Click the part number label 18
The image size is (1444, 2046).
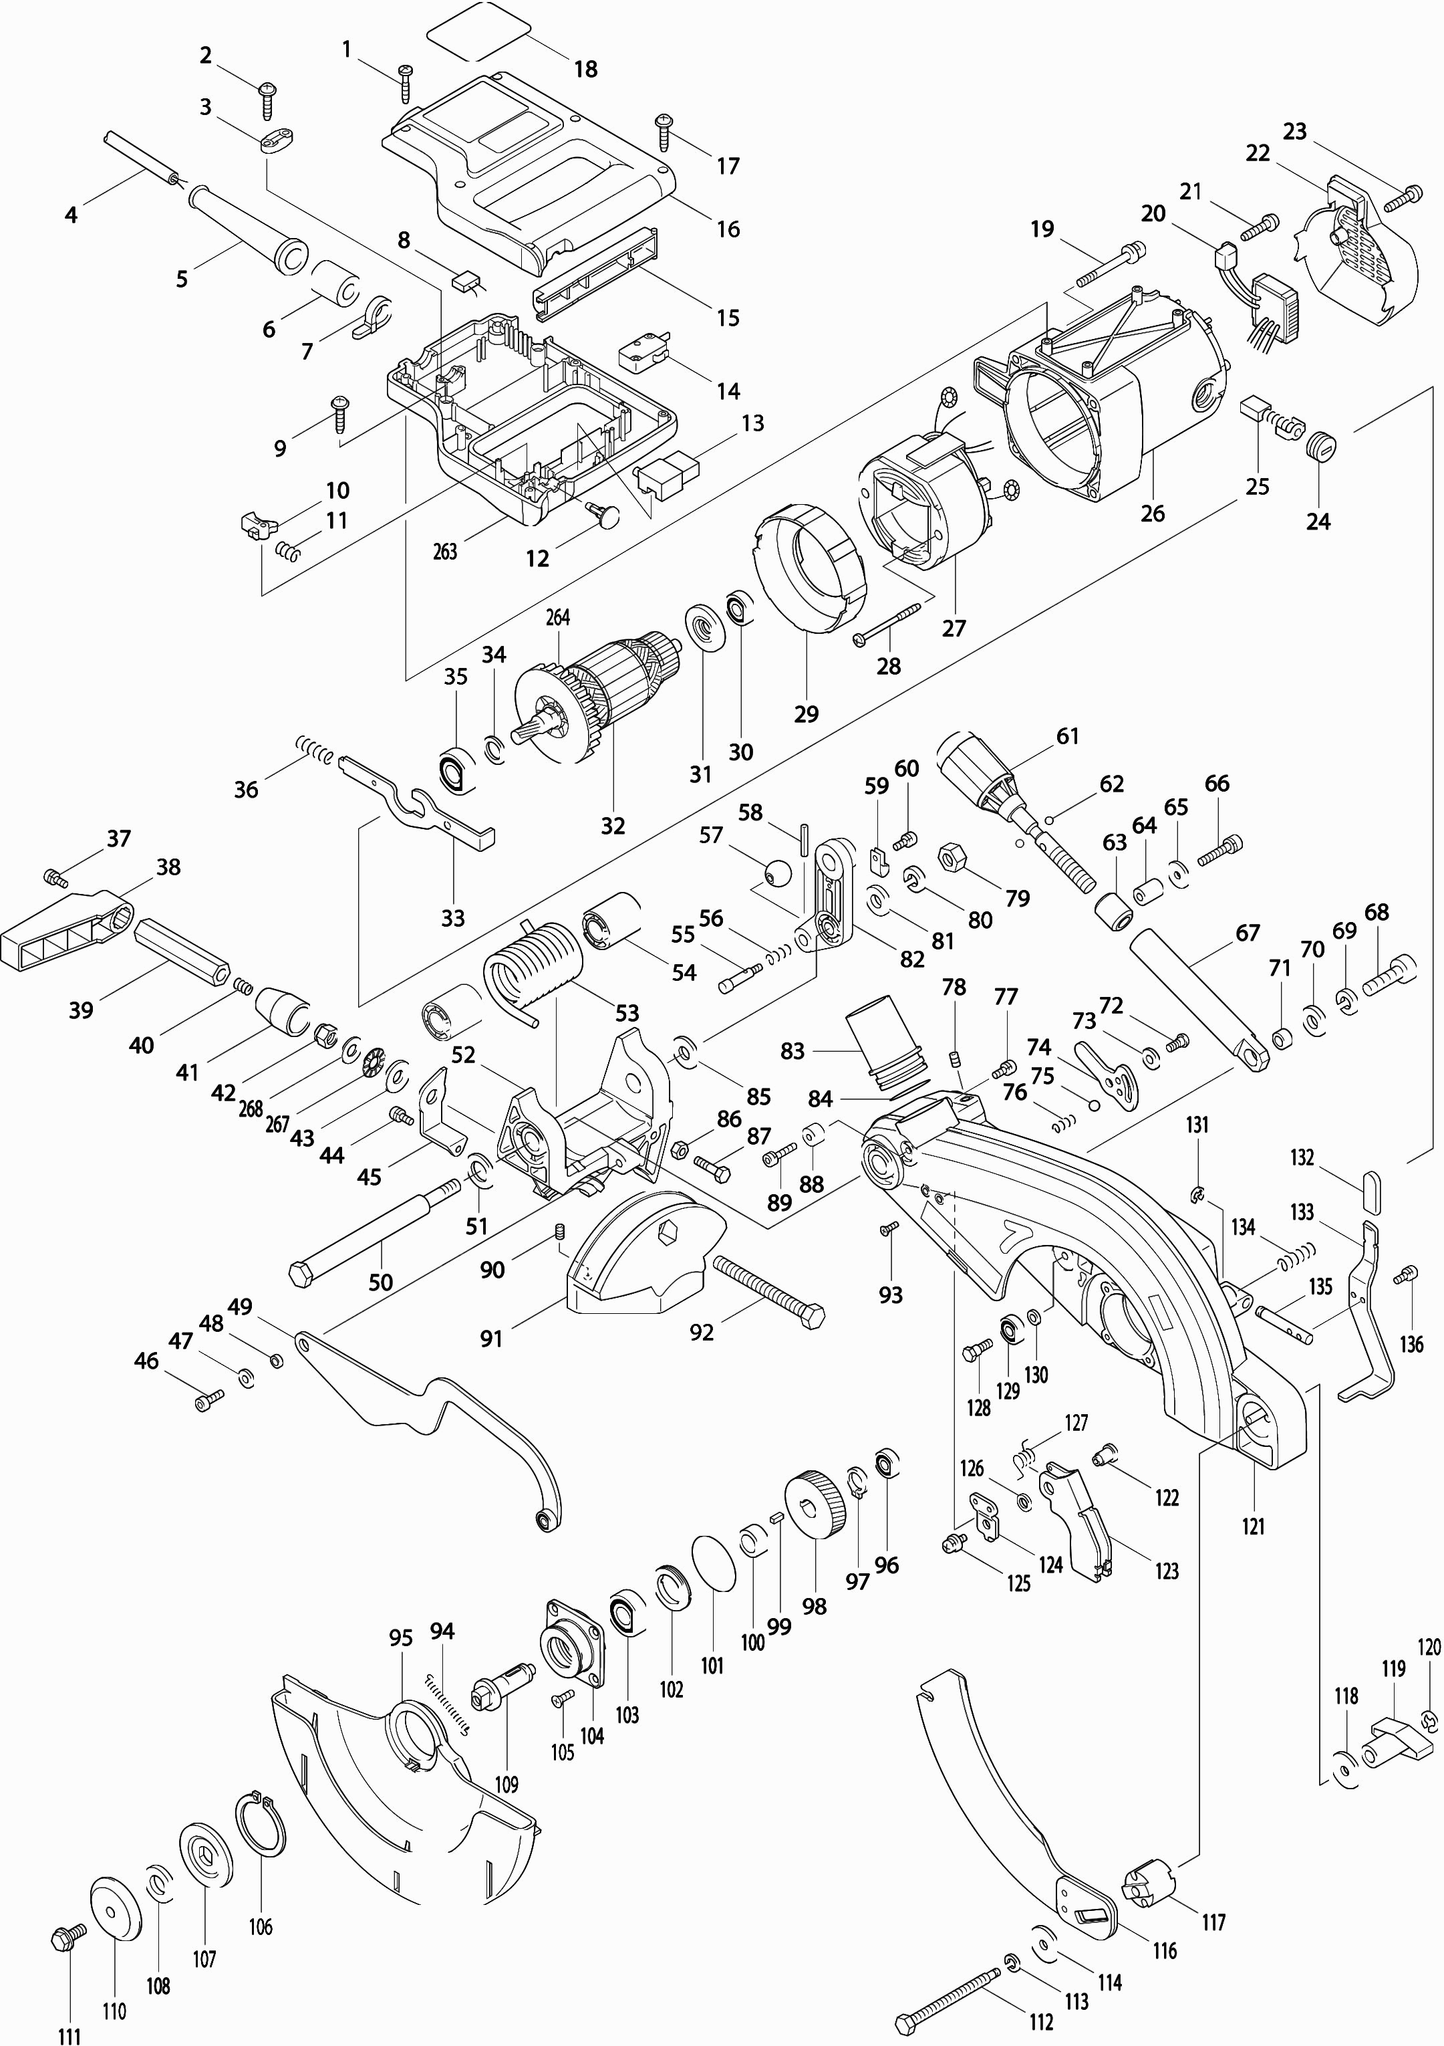(585, 69)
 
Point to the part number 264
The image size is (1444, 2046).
(558, 618)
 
